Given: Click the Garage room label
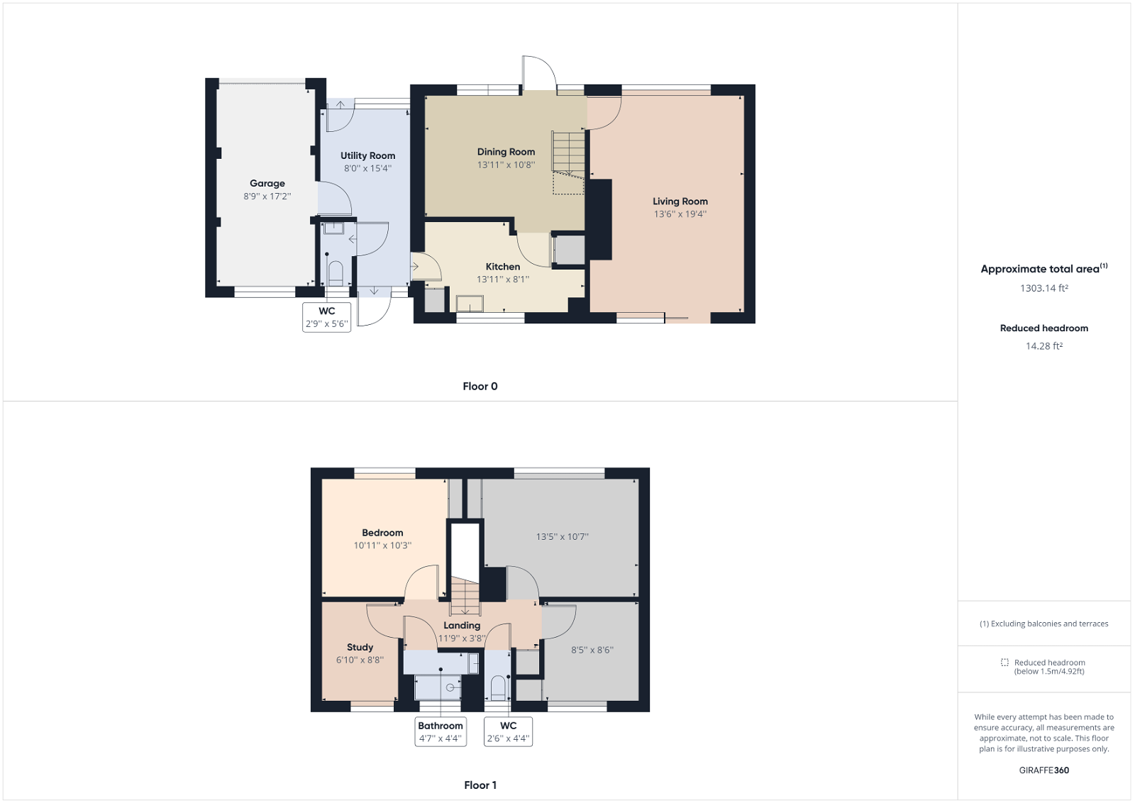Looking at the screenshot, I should point(267,183).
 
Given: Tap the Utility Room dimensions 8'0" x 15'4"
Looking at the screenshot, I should point(367,169).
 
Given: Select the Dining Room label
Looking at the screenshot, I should point(506,152).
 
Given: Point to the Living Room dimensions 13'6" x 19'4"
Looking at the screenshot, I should point(680,214).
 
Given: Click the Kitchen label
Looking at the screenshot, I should point(503,267).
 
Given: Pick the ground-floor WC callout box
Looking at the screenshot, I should point(326,317).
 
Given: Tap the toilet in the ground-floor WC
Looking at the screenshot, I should point(336,273).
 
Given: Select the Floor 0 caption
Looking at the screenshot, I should point(480,387).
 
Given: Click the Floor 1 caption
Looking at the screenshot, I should point(480,785).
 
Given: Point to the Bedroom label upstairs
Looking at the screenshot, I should point(382,533).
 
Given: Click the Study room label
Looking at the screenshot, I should point(360,647).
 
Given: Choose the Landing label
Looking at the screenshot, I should point(462,626).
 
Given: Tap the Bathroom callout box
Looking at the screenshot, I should point(440,731).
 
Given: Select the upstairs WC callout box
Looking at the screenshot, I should point(508,731).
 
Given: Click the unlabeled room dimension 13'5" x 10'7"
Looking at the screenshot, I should point(562,537).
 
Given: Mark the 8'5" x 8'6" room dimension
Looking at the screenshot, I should point(592,650).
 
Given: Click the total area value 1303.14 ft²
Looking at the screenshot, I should point(1044,288).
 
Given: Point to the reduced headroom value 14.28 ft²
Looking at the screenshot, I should point(1044,346).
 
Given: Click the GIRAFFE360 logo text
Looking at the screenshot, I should point(1044,770).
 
